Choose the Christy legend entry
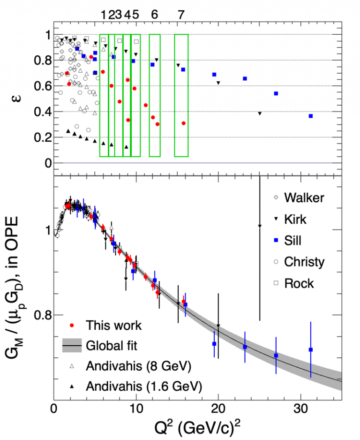pos(304,262)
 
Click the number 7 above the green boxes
pos(181,15)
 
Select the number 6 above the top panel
pos(154,15)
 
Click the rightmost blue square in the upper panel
pos(310,116)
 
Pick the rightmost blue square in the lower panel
pos(310,349)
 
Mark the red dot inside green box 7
pos(183,123)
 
